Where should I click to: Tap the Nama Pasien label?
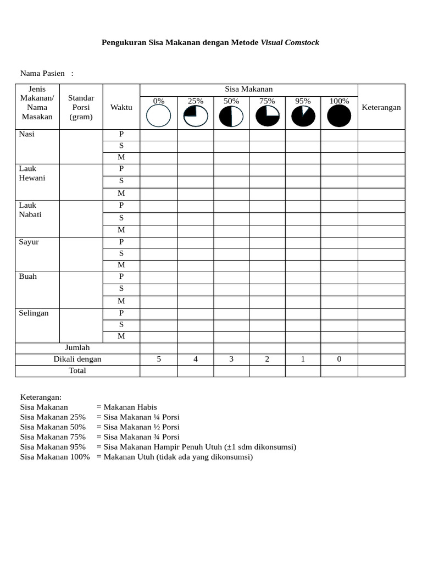[x=42, y=73]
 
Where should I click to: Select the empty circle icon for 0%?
[x=159, y=116]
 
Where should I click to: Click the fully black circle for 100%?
[x=339, y=116]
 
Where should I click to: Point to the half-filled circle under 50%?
[x=231, y=116]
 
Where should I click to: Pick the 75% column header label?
[x=267, y=101]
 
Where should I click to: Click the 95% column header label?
[x=303, y=101]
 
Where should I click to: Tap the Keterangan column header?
[x=381, y=107]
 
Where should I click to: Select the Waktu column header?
[x=121, y=107]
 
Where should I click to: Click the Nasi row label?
[x=26, y=134]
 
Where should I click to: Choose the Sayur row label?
[x=29, y=242]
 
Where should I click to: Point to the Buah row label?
[x=27, y=276]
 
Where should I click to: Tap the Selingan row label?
[x=34, y=313]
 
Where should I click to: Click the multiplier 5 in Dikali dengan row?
[x=159, y=359]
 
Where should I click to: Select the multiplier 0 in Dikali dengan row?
[x=339, y=359]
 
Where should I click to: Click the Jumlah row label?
[x=77, y=347]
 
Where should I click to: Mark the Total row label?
[x=77, y=371]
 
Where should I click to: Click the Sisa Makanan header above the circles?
[x=249, y=89]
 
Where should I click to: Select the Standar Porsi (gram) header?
[x=81, y=107]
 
